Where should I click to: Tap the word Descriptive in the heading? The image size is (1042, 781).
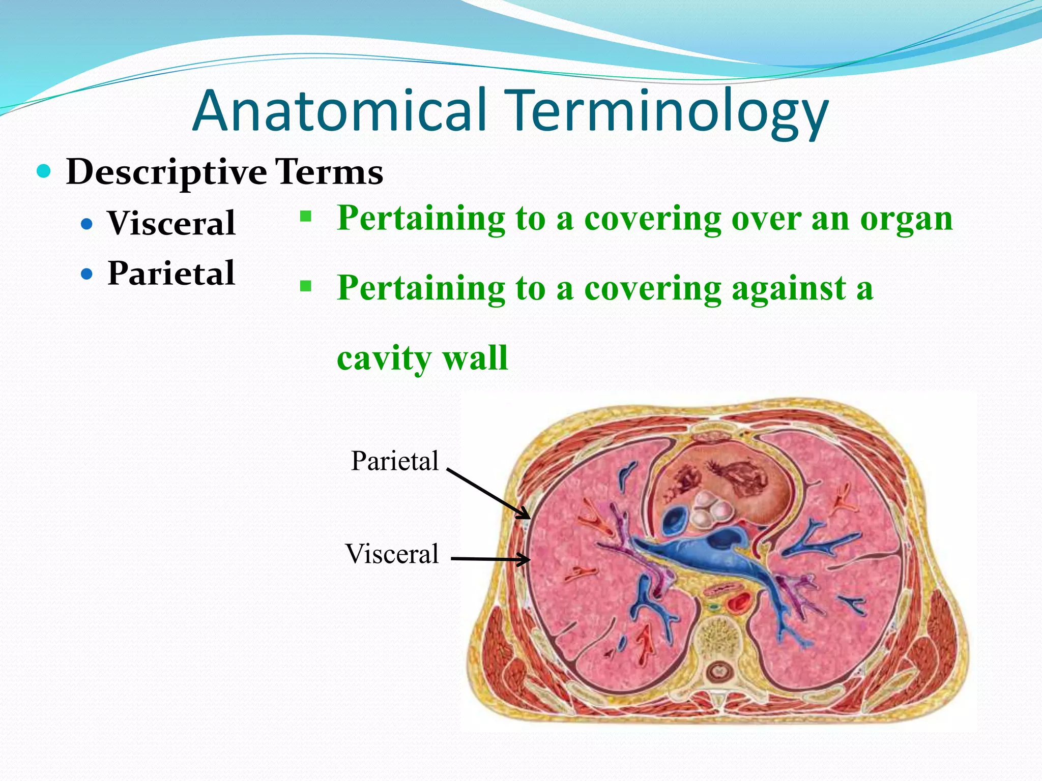click(x=166, y=172)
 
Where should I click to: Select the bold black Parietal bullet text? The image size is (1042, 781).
click(x=171, y=273)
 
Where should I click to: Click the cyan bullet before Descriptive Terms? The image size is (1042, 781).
click(x=44, y=171)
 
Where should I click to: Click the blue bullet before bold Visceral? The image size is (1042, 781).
click(x=87, y=224)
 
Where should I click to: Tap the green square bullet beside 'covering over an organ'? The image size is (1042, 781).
click(x=305, y=217)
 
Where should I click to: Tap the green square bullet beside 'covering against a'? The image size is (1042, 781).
click(x=305, y=287)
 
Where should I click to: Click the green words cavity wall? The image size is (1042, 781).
click(x=422, y=358)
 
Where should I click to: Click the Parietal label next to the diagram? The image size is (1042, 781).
click(x=394, y=461)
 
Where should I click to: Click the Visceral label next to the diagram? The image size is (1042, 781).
click(x=392, y=554)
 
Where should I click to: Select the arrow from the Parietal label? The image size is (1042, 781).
click(x=488, y=493)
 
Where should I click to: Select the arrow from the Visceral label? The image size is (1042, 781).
click(x=490, y=559)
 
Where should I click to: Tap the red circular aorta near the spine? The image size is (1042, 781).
click(x=737, y=604)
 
